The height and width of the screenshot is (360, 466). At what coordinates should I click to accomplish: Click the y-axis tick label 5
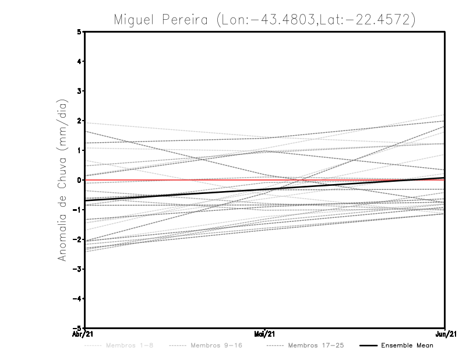click(x=79, y=31)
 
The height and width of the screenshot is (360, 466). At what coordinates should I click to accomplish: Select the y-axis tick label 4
click(x=79, y=61)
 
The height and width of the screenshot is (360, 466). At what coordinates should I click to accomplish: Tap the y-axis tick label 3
click(x=79, y=91)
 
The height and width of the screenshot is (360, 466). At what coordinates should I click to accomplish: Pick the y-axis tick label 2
click(x=79, y=121)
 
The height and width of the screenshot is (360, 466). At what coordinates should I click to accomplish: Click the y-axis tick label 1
click(x=79, y=150)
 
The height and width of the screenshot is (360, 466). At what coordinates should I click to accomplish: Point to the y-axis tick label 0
click(x=79, y=180)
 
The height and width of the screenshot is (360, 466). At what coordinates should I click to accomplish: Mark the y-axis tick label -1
click(x=77, y=210)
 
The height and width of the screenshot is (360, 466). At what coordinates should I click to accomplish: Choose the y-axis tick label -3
click(x=77, y=269)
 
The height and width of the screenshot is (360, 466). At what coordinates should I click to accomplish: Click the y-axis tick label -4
click(x=77, y=298)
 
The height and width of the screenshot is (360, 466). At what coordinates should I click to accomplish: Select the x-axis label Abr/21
click(x=83, y=334)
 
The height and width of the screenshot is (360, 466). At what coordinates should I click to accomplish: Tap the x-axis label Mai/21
click(x=264, y=334)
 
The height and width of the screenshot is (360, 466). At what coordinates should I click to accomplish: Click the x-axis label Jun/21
click(x=446, y=334)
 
